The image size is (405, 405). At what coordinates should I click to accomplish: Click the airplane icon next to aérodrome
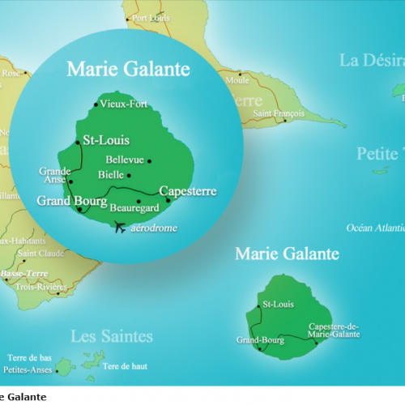point(122,227)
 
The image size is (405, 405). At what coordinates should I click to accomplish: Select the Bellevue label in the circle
point(125,160)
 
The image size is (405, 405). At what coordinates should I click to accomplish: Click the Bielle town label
point(111,174)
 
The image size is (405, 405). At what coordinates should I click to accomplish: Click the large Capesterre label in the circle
point(189,191)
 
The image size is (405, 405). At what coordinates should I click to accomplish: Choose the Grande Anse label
point(55,175)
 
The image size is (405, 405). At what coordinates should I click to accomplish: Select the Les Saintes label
point(111,335)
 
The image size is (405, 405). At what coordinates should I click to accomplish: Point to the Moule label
point(238,81)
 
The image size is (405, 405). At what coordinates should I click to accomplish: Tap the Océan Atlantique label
point(376,228)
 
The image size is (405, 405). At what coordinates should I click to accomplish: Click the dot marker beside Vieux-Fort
point(96,104)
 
